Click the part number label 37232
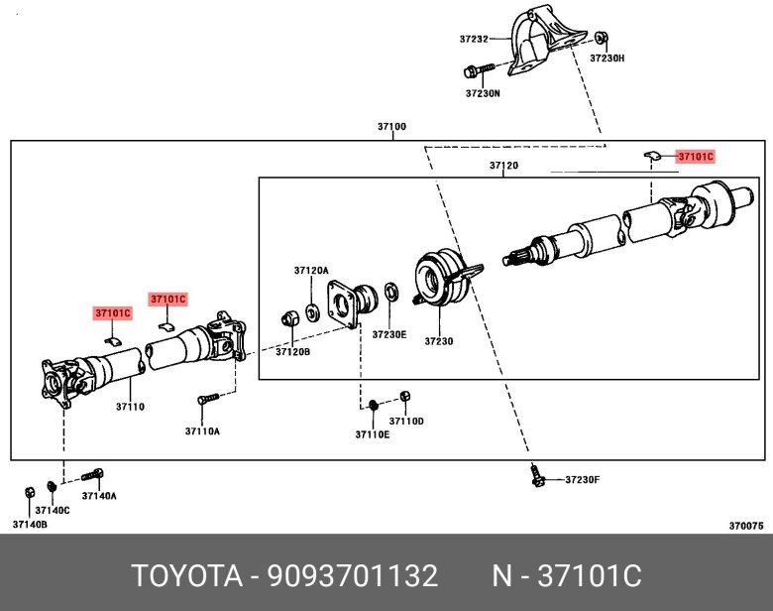point(474,40)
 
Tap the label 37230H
point(607,59)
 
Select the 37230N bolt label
point(483,93)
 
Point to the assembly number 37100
point(391,127)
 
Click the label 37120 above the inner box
point(503,165)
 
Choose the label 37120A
point(310,270)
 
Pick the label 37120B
point(292,351)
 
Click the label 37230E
point(389,334)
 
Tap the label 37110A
point(202,430)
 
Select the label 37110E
point(373,433)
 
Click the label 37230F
point(583,480)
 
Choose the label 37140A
point(99,495)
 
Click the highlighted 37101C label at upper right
point(695,157)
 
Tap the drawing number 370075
point(744,525)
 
